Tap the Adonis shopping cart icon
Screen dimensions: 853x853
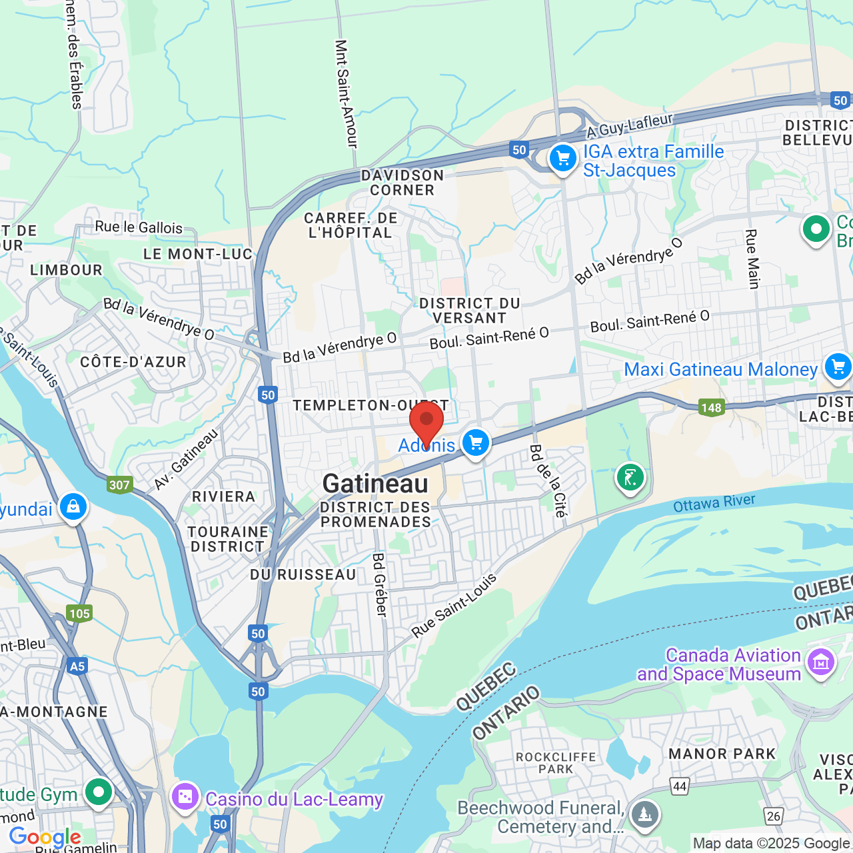(475, 442)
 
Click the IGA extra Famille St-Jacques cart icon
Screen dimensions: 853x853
(563, 159)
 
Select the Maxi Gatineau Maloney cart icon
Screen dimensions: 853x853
(838, 367)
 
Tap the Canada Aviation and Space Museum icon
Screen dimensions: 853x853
(820, 662)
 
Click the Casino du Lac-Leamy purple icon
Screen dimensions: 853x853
(185, 796)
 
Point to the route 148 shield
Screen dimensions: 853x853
(711, 407)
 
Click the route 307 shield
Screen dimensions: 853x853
(119, 484)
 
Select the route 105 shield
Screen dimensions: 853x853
(79, 613)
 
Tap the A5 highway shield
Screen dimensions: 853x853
(77, 666)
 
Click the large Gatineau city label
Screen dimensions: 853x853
(375, 484)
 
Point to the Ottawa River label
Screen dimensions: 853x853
(714, 503)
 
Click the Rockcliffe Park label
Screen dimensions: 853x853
(556, 763)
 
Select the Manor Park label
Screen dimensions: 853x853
(722, 754)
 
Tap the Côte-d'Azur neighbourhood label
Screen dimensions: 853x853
(133, 362)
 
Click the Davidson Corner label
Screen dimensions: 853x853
(403, 183)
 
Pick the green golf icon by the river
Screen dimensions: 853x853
(630, 477)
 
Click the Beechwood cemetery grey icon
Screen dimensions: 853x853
(644, 814)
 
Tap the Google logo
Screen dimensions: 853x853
(45, 837)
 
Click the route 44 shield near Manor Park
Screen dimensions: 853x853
(680, 786)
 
